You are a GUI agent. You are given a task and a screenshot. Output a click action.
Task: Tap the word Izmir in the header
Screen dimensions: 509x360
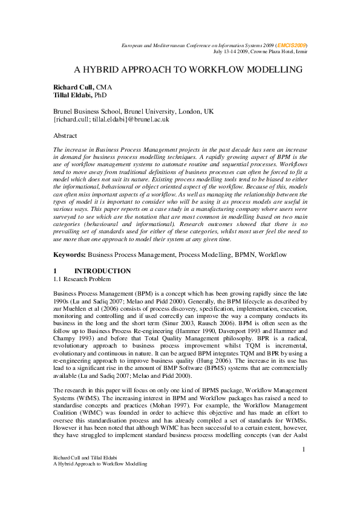click(x=301, y=51)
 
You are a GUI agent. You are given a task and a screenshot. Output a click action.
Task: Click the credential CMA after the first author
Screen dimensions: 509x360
click(x=104, y=87)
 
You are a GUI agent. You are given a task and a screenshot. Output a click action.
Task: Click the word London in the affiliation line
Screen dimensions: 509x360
click(x=186, y=111)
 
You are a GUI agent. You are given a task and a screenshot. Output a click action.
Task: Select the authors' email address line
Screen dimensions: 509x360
click(x=111, y=120)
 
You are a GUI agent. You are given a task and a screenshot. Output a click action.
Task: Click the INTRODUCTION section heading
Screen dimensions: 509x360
click(x=102, y=271)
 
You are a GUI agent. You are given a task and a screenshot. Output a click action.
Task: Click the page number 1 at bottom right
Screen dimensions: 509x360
click(x=304, y=466)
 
